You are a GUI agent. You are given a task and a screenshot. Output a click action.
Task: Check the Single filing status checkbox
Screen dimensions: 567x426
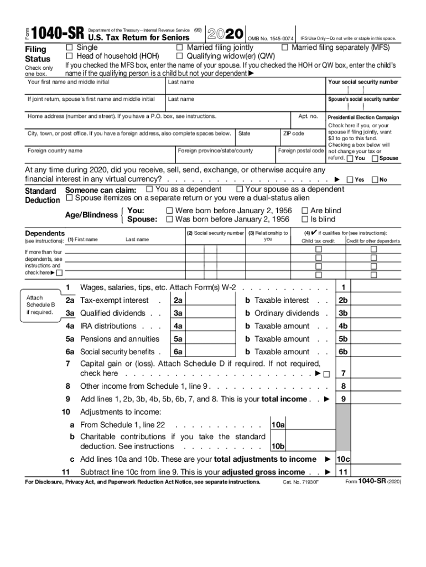click(x=69, y=48)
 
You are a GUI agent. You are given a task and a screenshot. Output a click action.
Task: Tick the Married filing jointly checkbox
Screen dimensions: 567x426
click(x=179, y=48)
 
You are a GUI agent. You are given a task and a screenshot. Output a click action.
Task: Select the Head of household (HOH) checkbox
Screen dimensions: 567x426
click(x=69, y=56)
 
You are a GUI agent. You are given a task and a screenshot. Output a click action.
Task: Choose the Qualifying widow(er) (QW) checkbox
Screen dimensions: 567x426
click(x=179, y=56)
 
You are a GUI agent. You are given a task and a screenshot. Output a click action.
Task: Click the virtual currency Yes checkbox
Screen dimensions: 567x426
click(x=350, y=179)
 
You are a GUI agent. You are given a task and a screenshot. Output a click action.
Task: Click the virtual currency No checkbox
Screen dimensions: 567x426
click(x=375, y=179)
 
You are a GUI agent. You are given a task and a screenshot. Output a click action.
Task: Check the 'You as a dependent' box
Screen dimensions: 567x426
click(x=149, y=189)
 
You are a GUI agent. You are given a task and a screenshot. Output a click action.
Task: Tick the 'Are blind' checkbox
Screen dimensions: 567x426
click(x=304, y=210)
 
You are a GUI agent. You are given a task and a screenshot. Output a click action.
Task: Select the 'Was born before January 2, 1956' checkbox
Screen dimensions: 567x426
click(x=170, y=219)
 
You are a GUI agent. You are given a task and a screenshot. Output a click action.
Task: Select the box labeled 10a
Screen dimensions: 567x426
click(x=277, y=425)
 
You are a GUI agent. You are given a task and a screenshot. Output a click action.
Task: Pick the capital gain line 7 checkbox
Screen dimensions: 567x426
click(x=326, y=374)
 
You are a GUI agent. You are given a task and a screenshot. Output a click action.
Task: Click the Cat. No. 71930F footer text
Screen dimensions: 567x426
click(x=301, y=482)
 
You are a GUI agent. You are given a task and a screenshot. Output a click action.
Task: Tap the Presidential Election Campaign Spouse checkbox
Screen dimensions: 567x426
click(x=375, y=159)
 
